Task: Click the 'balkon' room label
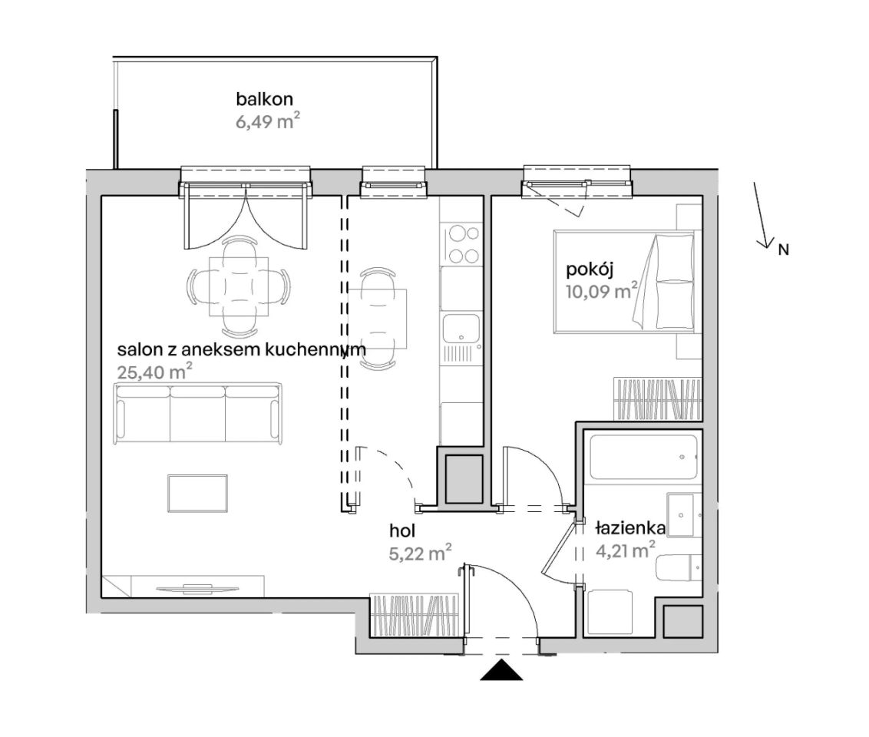tap(264, 99)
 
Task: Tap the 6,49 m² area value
tap(268, 121)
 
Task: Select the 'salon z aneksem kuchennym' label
tap(242, 349)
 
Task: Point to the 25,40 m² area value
tap(154, 372)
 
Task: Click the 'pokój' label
tap(590, 270)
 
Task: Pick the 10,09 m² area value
tap(602, 291)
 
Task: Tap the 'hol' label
tap(402, 530)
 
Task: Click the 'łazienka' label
tap(631, 529)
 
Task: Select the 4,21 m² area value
tap(626, 550)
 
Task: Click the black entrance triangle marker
tap(501, 670)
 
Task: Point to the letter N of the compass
tap(783, 250)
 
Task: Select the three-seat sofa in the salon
tap(197, 413)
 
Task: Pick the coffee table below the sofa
tap(197, 493)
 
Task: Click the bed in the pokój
tap(624, 282)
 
